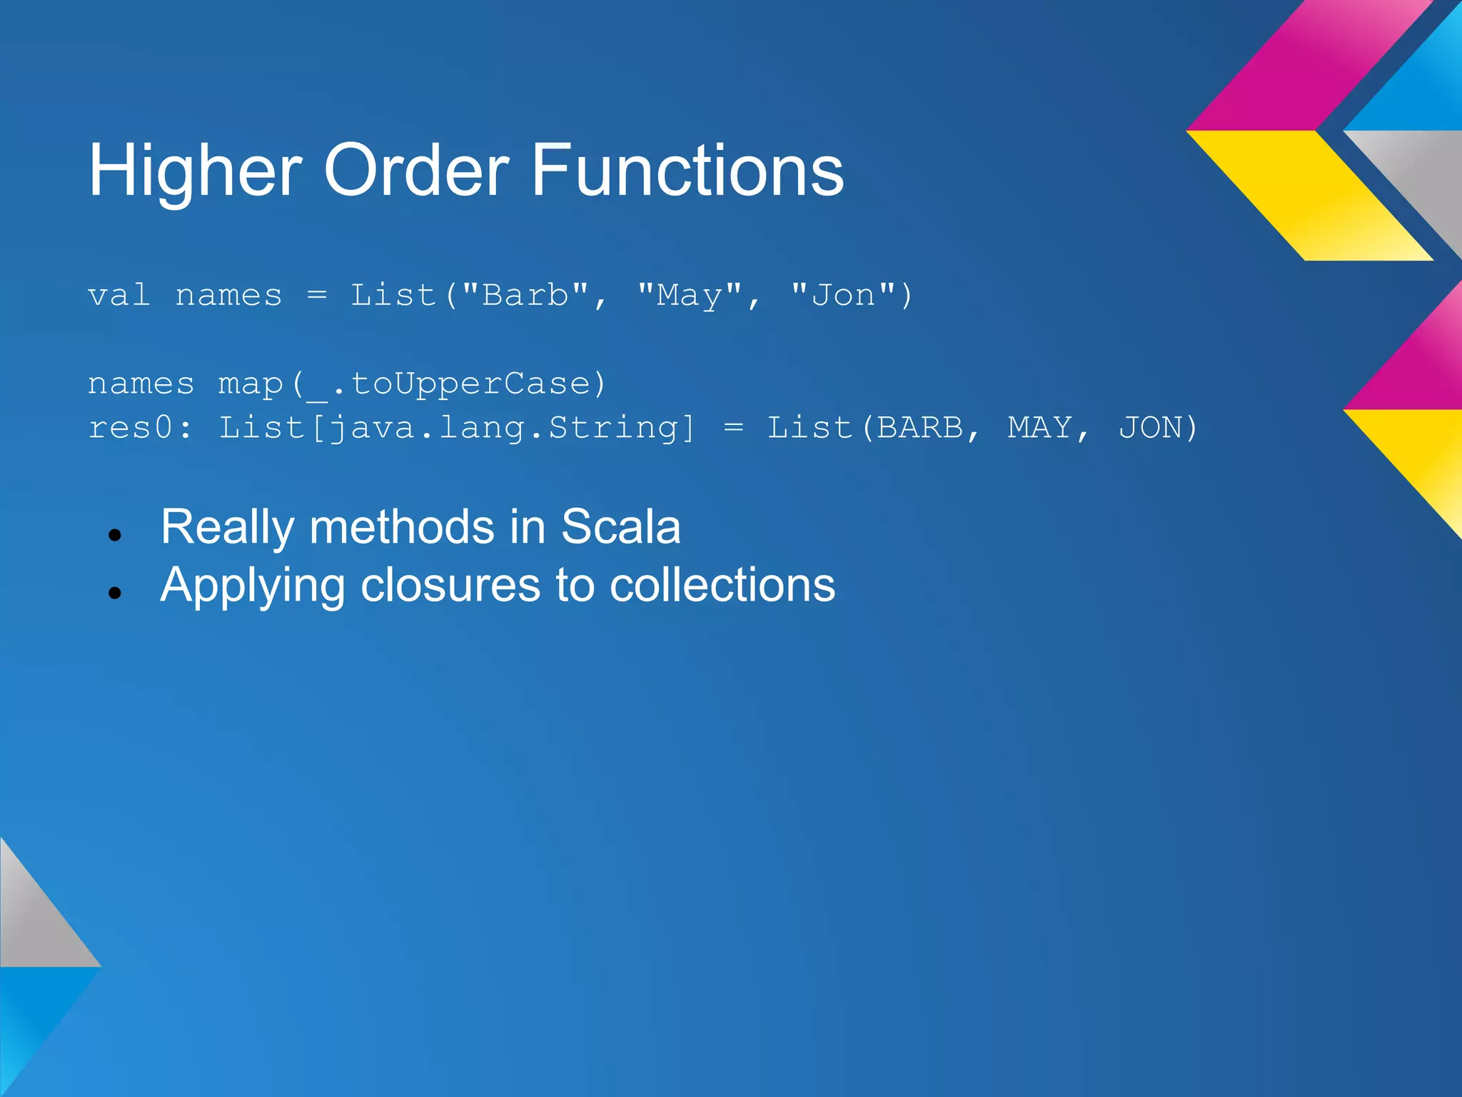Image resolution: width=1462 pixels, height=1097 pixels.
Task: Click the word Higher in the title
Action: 195,171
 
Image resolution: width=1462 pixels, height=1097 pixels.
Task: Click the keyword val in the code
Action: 119,295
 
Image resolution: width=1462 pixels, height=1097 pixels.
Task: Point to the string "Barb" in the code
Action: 525,295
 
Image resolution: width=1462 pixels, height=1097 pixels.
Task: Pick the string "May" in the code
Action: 689,295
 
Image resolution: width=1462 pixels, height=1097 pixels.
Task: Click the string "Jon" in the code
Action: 843,295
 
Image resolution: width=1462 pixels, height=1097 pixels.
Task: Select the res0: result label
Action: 140,428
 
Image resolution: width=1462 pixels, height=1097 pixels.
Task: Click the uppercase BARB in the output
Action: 920,428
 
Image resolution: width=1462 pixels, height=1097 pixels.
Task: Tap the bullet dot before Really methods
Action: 115,534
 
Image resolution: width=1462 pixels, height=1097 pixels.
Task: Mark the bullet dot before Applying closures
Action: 115,592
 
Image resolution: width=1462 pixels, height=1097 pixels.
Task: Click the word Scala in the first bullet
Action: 620,527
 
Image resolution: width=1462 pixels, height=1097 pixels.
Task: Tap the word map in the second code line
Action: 250,384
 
